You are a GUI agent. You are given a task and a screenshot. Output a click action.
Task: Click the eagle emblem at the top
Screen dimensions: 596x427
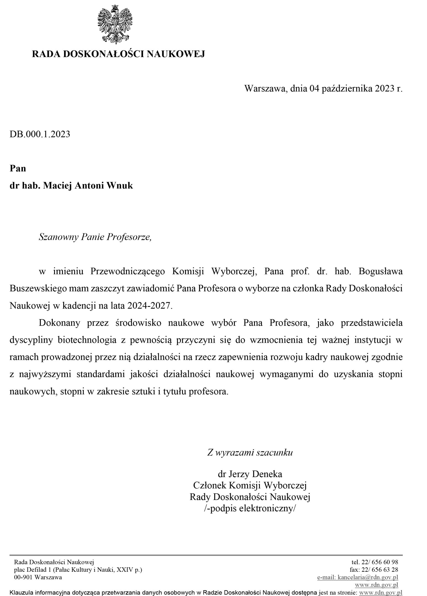pyautogui.click(x=115, y=24)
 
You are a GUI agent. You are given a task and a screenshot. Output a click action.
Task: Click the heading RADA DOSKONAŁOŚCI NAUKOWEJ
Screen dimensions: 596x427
pyautogui.click(x=118, y=54)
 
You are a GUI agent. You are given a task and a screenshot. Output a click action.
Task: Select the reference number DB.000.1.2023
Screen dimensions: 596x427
pyautogui.click(x=40, y=134)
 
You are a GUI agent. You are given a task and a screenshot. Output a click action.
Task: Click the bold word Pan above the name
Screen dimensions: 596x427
pyautogui.click(x=18, y=168)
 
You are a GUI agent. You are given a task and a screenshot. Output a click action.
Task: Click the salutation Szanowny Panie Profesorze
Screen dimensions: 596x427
pyautogui.click(x=95, y=237)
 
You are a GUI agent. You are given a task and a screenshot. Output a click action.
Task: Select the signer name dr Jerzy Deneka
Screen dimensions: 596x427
pyautogui.click(x=250, y=474)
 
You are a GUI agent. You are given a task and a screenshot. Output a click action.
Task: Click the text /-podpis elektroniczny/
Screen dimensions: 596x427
pyautogui.click(x=250, y=508)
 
